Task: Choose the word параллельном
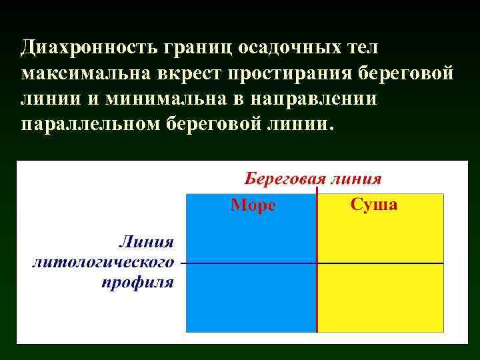89,124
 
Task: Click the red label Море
253,205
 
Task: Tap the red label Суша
374,205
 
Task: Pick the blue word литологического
103,262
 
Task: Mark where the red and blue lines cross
317,263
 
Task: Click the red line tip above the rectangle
317,190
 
